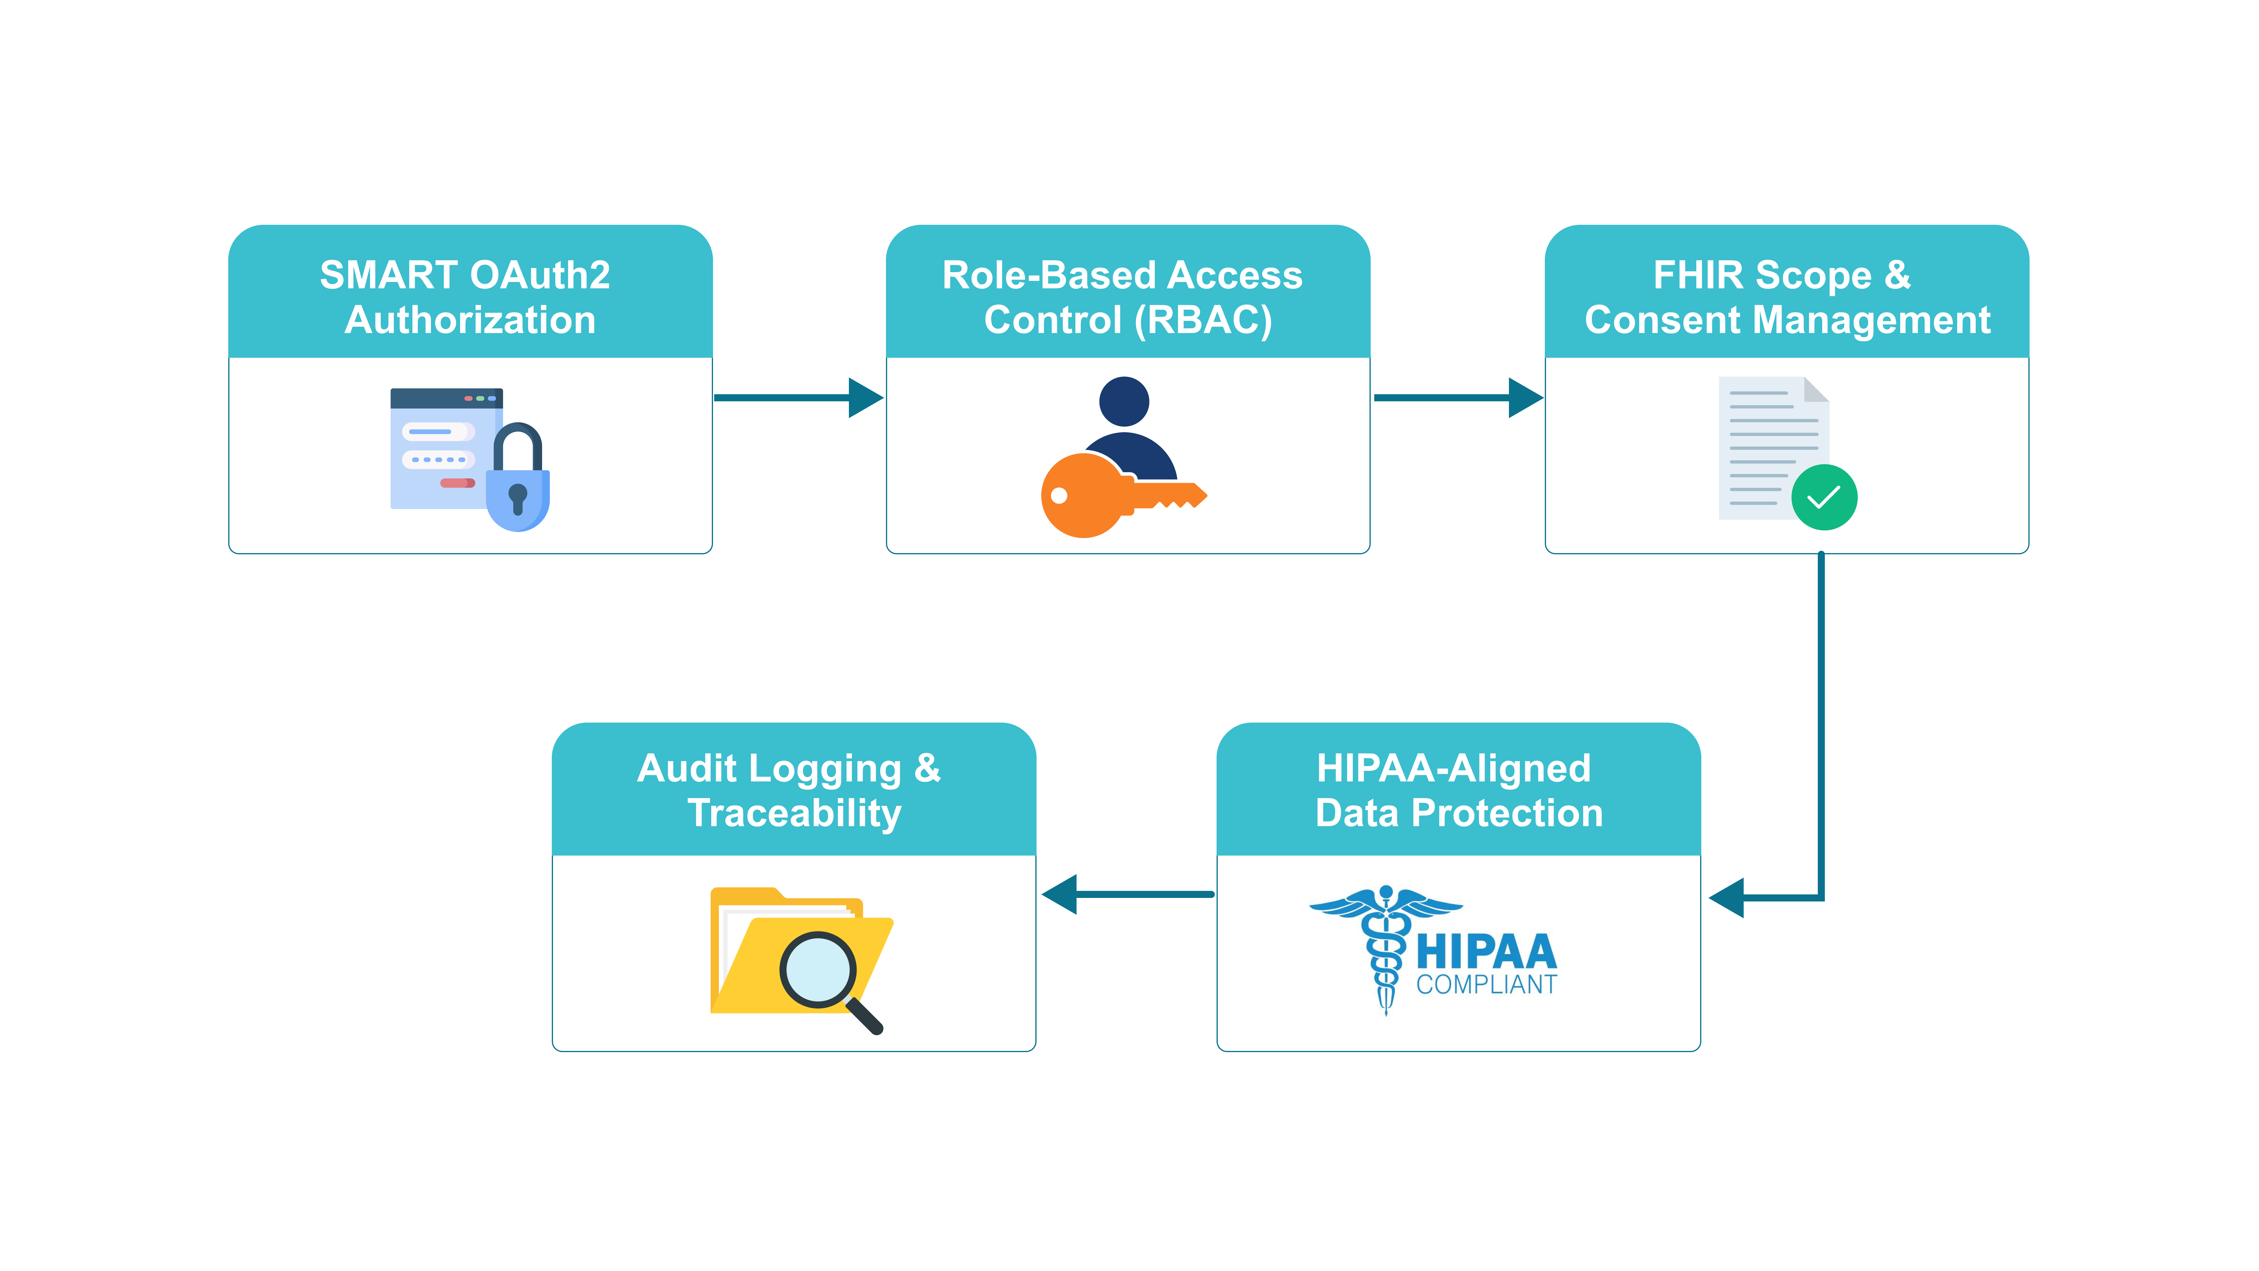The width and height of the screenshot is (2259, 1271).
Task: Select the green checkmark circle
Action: tap(1824, 497)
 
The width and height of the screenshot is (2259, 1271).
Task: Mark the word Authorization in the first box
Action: tap(470, 320)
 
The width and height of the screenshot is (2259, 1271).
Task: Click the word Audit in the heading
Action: tap(687, 768)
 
